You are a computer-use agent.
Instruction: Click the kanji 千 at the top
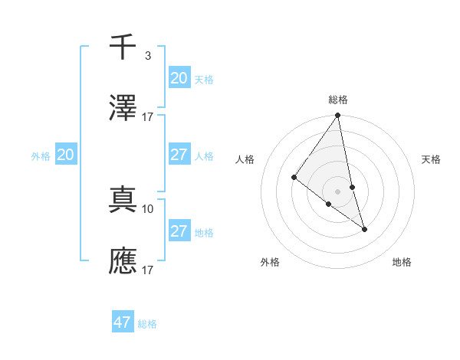click(x=123, y=47)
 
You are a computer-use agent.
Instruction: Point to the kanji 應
click(x=123, y=260)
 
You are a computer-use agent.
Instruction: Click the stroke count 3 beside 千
click(x=147, y=55)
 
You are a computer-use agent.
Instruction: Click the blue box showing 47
click(x=123, y=322)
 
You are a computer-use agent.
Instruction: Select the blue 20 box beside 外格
click(x=66, y=155)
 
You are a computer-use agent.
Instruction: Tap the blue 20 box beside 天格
click(x=179, y=78)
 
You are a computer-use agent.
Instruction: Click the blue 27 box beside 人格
click(x=179, y=155)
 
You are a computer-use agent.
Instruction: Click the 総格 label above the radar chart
click(x=338, y=100)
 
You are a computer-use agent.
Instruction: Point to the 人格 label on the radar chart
click(x=245, y=159)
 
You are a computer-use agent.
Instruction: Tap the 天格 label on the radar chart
click(x=431, y=159)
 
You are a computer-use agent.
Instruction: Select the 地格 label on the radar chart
click(x=402, y=262)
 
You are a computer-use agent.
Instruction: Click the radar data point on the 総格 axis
click(x=338, y=116)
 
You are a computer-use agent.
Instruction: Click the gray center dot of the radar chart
click(x=338, y=191)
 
